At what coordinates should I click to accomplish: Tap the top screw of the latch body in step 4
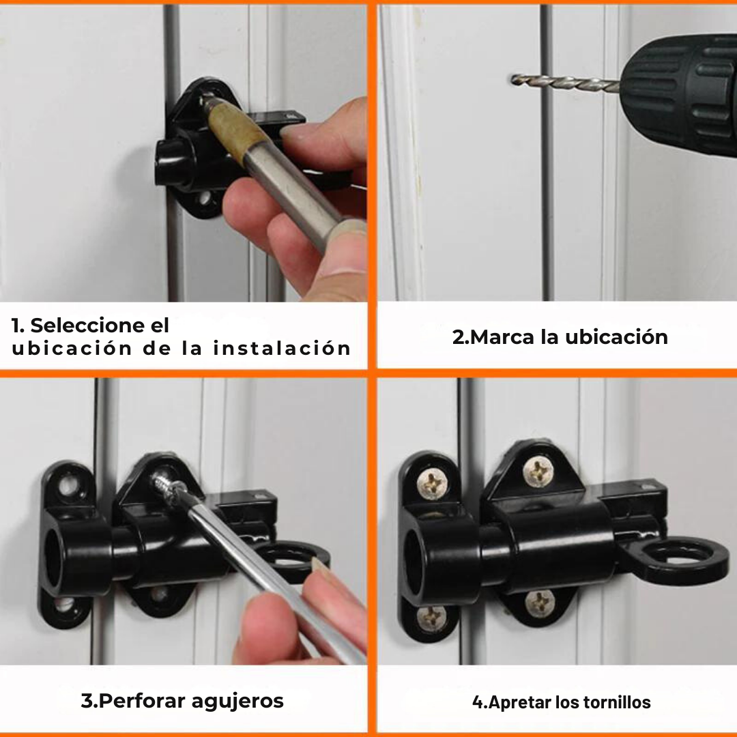pos(538,471)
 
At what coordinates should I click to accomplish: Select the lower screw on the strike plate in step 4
pos(433,618)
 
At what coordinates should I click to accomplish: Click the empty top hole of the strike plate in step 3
pos(68,487)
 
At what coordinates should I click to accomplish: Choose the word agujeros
pos(239,702)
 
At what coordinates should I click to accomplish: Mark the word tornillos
pos(618,702)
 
